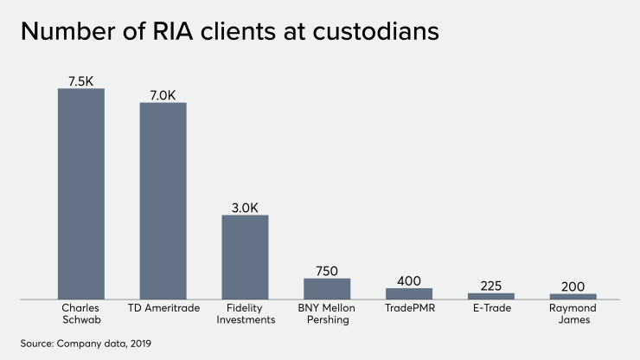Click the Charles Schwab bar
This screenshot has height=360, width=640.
click(81, 194)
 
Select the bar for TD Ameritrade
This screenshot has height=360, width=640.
click(163, 201)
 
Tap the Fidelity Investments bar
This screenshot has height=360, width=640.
click(246, 257)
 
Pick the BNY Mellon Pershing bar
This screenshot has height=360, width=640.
click(327, 288)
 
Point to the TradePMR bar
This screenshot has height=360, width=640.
click(409, 293)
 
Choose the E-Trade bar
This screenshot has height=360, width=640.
click(491, 296)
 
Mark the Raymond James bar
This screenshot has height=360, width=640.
click(573, 296)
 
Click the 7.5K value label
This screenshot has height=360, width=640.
click(81, 80)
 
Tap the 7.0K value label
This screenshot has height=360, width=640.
click(163, 94)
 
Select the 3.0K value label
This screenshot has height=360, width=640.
click(246, 207)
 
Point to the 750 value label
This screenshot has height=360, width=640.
click(327, 270)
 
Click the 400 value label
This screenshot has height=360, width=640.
click(409, 280)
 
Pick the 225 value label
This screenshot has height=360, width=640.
click(491, 286)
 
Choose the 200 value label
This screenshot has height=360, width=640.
click(573, 286)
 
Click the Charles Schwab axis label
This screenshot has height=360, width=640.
click(81, 313)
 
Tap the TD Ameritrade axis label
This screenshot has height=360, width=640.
click(163, 308)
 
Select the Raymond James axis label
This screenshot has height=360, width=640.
click(573, 313)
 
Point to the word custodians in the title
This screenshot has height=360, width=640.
click(379, 32)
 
